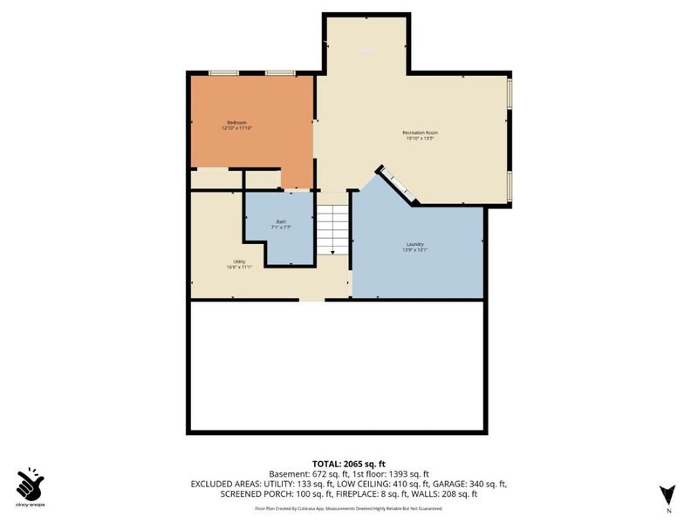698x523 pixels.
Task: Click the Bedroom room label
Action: point(237,122)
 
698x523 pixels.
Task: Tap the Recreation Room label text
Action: point(420,132)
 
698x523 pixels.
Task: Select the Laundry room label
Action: point(414,244)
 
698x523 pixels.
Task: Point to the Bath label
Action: point(281,221)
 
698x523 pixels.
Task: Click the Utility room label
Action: point(238,261)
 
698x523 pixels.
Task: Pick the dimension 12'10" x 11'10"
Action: point(237,129)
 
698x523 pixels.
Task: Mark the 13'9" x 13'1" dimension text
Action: point(414,251)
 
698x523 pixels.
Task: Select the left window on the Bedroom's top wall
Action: point(222,73)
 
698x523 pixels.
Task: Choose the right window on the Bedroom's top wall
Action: point(279,73)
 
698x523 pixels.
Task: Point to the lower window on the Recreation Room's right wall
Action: point(510,184)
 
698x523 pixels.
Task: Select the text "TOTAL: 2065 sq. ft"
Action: point(349,463)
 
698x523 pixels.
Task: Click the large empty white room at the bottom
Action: point(336,366)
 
